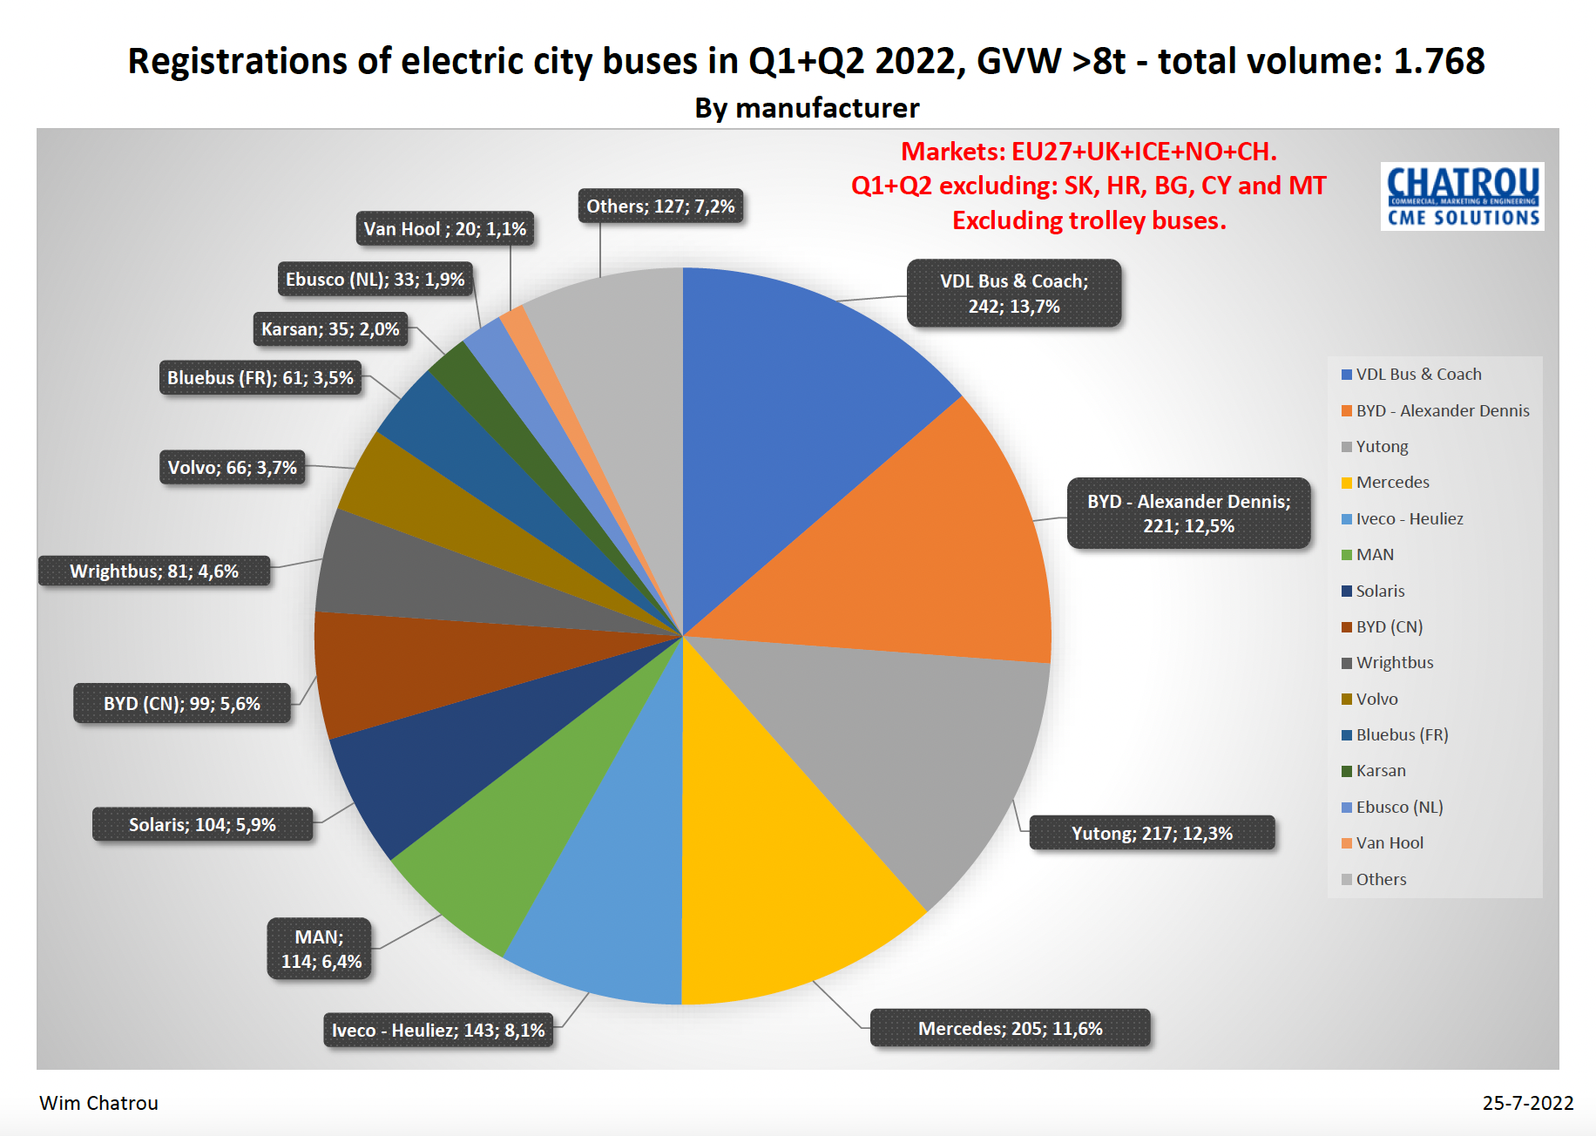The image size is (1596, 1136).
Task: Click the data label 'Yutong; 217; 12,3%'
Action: [1152, 833]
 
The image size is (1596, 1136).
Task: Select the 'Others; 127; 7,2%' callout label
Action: [660, 206]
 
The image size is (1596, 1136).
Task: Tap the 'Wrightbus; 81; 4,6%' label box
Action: [154, 571]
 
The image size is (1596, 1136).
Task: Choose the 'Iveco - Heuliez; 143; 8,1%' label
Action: [438, 1030]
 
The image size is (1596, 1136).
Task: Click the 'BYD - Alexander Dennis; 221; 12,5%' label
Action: [1188, 513]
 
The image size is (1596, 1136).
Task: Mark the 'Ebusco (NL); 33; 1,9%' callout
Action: [375, 280]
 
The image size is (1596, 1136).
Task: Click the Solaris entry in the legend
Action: [1380, 591]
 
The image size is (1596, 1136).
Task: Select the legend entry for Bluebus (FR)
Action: [1402, 734]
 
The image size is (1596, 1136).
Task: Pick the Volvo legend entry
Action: [1376, 699]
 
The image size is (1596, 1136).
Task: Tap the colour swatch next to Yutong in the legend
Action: [1347, 447]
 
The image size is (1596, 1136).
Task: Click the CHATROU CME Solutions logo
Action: [1462, 196]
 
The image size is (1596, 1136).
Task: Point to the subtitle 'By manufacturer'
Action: [807, 108]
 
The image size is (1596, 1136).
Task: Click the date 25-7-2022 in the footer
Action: [1527, 1103]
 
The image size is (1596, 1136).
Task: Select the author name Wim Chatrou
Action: [99, 1103]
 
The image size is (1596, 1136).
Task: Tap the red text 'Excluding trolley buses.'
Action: [1089, 220]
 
